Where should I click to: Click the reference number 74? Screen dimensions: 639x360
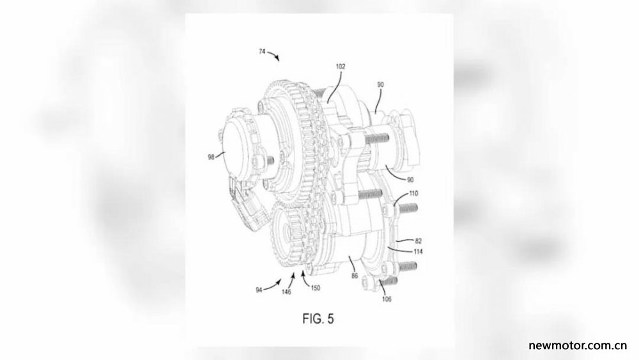coord(262,52)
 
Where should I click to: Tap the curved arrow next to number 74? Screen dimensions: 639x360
coord(273,56)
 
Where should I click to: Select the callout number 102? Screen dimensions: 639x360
coord(341,67)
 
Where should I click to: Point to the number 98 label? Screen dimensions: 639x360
coord(211,157)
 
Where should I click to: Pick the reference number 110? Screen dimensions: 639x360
coord(413,193)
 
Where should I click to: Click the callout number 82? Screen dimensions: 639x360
coord(418,241)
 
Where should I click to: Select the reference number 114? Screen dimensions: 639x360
coord(418,251)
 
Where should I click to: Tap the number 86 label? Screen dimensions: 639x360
coord(355,276)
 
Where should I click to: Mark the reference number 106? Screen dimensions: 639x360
coord(387,299)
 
